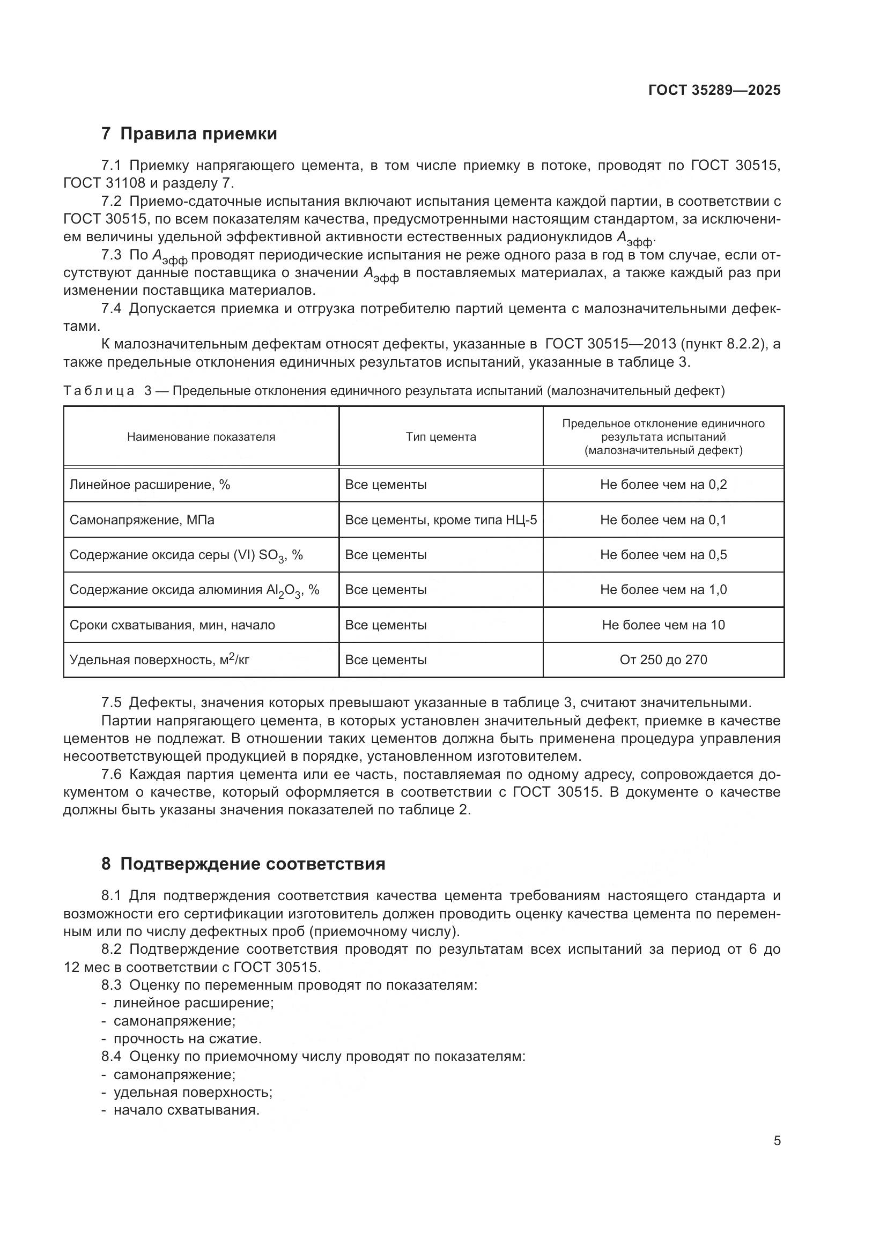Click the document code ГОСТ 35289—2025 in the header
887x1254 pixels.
point(714,90)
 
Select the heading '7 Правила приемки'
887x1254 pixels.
point(189,134)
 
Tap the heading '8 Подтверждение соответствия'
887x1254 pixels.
point(243,864)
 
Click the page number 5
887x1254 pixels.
point(777,1141)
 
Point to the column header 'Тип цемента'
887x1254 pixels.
point(441,437)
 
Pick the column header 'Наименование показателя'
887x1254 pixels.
point(201,437)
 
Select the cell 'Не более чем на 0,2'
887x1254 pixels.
point(663,485)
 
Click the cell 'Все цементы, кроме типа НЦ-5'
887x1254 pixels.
point(441,520)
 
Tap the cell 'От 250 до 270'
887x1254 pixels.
point(663,660)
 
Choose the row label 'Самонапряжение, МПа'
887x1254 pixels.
point(142,520)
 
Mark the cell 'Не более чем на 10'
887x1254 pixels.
point(663,625)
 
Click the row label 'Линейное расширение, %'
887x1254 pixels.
point(150,485)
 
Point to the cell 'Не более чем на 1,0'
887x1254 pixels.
point(663,590)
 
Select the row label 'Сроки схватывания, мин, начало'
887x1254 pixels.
point(172,625)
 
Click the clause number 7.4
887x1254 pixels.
point(111,309)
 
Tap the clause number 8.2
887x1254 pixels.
point(111,949)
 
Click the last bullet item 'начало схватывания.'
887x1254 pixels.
point(186,1110)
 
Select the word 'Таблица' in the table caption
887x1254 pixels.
point(99,391)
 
